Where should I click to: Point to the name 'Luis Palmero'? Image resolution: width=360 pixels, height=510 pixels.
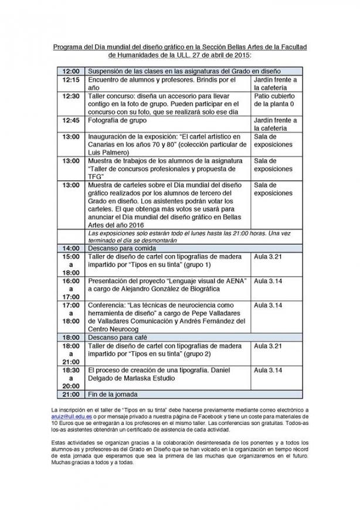pyautogui.click(x=108, y=152)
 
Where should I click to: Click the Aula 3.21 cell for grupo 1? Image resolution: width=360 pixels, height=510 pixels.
pyautogui.click(x=268, y=257)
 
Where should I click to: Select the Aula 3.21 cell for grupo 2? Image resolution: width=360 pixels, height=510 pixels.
pyautogui.click(x=268, y=346)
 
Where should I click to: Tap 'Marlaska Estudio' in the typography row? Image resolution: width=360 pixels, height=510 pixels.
pyautogui.click(x=144, y=379)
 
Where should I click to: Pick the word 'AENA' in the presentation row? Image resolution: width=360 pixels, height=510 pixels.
pyautogui.click(x=234, y=281)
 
